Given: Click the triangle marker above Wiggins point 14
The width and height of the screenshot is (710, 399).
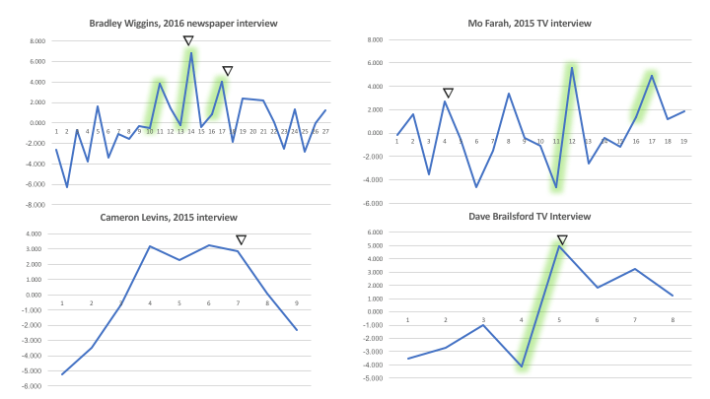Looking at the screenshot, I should click(x=188, y=40).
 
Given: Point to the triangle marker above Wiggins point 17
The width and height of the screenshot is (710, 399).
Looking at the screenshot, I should click(x=227, y=71).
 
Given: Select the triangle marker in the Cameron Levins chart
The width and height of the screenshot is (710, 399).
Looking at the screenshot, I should click(x=241, y=239).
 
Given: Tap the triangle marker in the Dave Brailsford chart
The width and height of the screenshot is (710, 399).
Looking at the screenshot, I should click(x=562, y=239).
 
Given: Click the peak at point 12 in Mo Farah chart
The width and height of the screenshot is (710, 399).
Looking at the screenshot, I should click(x=572, y=66).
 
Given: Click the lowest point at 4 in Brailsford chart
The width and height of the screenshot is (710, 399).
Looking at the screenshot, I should click(x=523, y=366).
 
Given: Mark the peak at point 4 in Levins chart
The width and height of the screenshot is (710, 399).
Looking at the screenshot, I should click(x=150, y=246).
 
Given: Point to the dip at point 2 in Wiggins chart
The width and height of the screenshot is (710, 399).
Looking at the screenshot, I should click(x=67, y=186).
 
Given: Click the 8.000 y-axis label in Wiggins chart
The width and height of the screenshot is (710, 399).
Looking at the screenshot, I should click(x=36, y=41).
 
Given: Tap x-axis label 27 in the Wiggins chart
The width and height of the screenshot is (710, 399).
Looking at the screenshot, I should click(x=324, y=131).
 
